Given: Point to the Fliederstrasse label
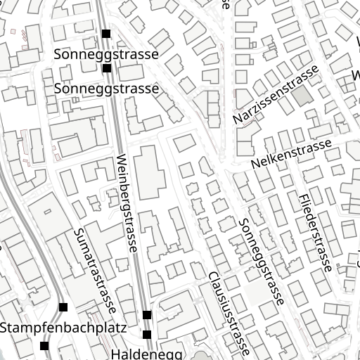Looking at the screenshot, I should [314, 233].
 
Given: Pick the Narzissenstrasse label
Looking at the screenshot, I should [276, 95].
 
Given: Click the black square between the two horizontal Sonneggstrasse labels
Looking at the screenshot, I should [106, 68].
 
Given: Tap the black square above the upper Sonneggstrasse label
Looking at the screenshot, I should [106, 34].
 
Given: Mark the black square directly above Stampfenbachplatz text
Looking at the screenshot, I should [63, 307].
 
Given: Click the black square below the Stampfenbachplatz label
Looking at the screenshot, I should [45, 345].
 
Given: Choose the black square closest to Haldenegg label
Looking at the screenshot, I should [147, 334].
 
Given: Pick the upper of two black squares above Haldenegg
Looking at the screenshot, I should [146, 314].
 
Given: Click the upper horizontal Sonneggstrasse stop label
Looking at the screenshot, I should [106, 54].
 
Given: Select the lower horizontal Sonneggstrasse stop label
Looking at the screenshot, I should [106, 89].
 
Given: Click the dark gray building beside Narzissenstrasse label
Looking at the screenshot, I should [300, 97].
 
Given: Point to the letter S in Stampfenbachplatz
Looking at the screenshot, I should [5, 328].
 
